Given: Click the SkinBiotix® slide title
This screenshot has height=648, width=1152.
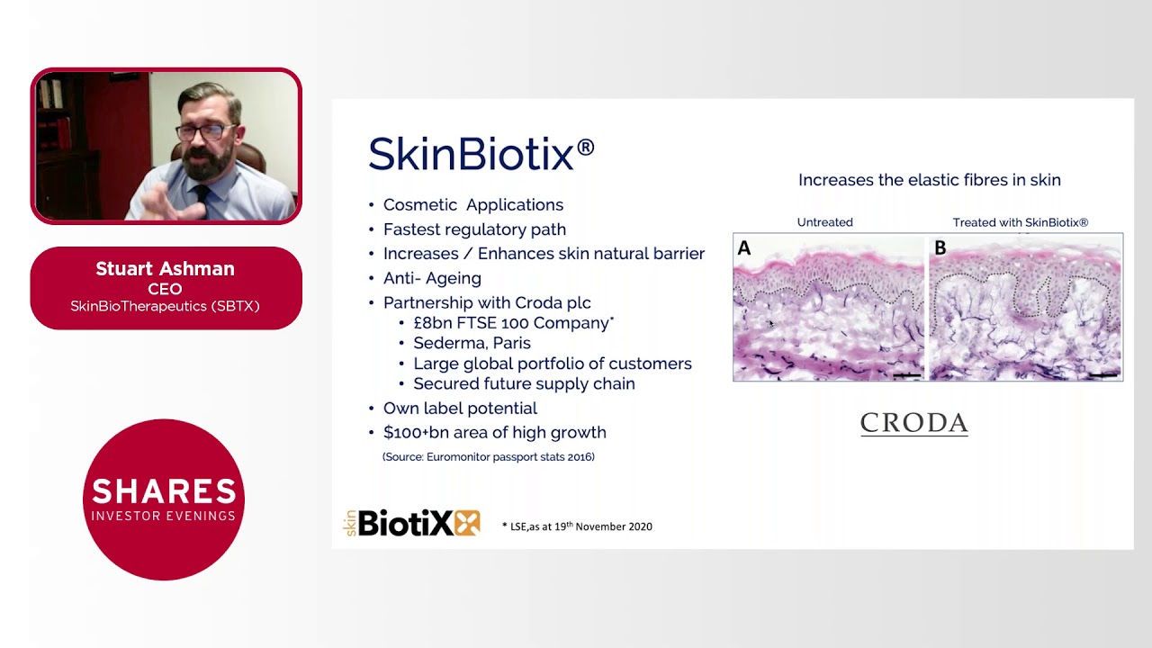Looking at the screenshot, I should coord(481,155).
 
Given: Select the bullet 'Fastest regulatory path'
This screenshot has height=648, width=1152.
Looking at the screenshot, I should coord(474,229).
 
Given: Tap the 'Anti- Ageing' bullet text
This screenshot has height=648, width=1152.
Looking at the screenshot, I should coord(432,278).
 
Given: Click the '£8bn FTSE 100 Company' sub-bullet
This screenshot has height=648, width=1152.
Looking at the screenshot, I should coord(511,323).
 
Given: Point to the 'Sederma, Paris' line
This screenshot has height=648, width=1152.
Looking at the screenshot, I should coord(472,343).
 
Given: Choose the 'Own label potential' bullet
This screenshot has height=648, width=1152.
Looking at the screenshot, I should coord(460,409).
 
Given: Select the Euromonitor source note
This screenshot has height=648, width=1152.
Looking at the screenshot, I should coord(489,457).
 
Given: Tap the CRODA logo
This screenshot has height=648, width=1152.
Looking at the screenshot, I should coord(913,423).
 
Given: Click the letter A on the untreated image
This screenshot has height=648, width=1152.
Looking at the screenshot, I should coord(744,248).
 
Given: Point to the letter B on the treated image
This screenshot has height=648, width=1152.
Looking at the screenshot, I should coord(940,248).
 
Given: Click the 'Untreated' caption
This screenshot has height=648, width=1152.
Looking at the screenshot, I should coord(824,222).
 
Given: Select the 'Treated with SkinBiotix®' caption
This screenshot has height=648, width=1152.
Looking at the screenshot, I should coord(1021,222).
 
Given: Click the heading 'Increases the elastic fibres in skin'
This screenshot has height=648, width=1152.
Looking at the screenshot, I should coord(929,180).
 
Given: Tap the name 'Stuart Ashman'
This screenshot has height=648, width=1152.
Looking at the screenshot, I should coord(165,269).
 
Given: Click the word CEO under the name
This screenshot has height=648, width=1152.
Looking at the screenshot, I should coord(165,289).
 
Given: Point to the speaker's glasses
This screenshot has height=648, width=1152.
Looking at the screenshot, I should coord(206,131).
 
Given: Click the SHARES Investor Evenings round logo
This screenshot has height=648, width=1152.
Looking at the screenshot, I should coord(164,499).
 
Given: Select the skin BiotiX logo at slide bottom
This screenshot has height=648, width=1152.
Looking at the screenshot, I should coord(413,523).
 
